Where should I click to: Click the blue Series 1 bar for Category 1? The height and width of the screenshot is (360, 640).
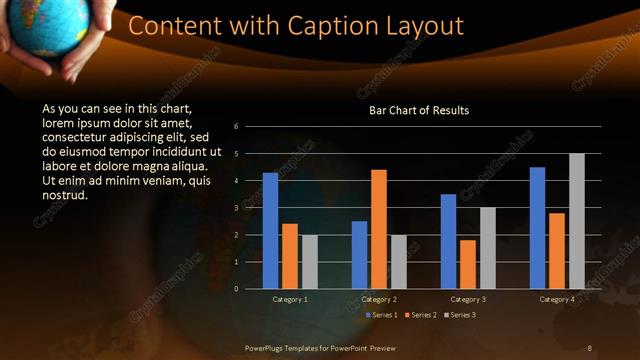[x=270, y=231]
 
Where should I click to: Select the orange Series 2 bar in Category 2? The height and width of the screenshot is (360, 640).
[x=379, y=229]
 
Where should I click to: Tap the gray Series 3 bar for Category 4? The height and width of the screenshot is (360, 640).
[x=577, y=221]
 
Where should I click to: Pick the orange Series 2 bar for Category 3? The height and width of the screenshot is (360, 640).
[x=468, y=264]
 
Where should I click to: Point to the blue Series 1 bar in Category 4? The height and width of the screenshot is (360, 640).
[x=537, y=228]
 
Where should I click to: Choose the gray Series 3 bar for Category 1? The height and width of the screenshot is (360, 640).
[x=310, y=262]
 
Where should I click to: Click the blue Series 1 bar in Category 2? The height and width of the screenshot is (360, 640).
[x=359, y=255]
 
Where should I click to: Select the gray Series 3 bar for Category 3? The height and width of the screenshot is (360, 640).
[x=488, y=248]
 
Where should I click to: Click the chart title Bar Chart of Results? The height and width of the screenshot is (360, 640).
[x=419, y=110]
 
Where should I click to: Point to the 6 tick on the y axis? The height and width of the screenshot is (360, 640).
[x=236, y=126]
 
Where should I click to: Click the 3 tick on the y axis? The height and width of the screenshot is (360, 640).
[x=236, y=208]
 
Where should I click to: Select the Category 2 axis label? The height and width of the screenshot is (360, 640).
[x=379, y=299]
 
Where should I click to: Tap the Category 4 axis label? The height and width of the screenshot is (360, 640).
[x=557, y=299]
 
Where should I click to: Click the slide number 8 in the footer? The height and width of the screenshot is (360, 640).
[x=589, y=347]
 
